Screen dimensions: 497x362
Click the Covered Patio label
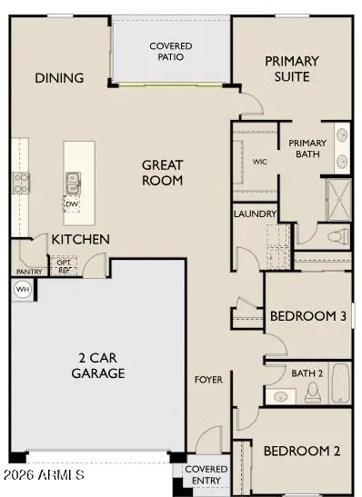(171, 51)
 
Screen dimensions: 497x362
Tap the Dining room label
(60, 78)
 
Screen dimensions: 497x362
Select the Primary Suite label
(292, 68)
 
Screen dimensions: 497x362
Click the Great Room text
(163, 173)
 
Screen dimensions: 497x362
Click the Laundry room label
(255, 214)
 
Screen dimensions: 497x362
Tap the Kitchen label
(80, 239)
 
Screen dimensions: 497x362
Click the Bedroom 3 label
(307, 317)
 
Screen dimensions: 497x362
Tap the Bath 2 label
(307, 373)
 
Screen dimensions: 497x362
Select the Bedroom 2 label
(301, 451)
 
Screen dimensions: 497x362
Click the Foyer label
(209, 380)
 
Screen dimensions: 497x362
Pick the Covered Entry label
(206, 475)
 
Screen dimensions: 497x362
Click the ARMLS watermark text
(44, 475)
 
